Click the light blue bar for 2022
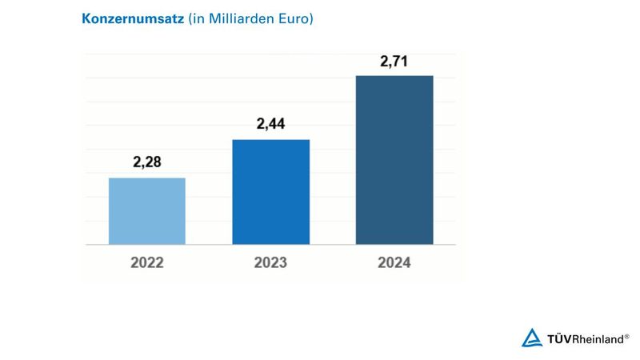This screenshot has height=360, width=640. click(x=146, y=211)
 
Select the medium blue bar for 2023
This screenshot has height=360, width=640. click(x=270, y=192)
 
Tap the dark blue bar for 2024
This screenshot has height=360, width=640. click(x=394, y=160)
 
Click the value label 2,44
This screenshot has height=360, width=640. click(x=270, y=125)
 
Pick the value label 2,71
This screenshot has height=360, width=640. click(x=394, y=62)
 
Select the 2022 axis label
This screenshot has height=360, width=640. click(x=146, y=262)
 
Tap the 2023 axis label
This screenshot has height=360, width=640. click(x=270, y=262)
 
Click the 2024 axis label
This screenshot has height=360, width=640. click(x=394, y=262)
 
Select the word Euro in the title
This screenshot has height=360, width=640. click(x=293, y=18)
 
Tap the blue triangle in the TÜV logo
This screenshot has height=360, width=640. click(x=532, y=338)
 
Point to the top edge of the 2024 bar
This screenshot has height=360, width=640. click(x=394, y=76)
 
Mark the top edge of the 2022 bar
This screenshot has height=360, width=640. click(x=146, y=178)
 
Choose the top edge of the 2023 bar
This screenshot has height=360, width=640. click(x=270, y=140)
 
